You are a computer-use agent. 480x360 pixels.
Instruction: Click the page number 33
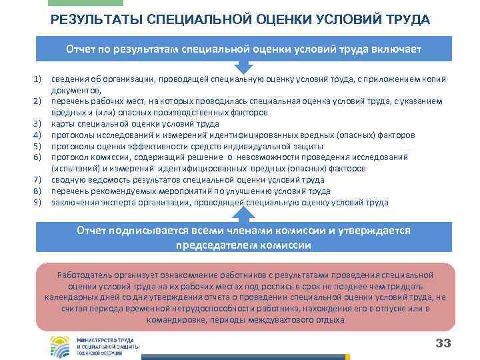(443, 343)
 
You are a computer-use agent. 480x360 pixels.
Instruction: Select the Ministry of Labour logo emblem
(63, 345)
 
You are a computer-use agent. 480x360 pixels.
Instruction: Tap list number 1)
(38, 80)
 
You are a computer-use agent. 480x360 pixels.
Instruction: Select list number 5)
(38, 146)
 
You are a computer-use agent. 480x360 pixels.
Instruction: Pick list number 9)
(38, 203)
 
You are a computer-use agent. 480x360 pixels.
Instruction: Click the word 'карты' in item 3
(63, 124)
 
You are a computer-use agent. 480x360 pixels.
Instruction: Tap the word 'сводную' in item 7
(67, 180)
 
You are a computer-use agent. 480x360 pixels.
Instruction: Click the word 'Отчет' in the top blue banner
(81, 49)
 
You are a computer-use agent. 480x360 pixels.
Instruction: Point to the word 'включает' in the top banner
(396, 49)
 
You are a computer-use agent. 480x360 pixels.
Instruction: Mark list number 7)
(38, 180)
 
